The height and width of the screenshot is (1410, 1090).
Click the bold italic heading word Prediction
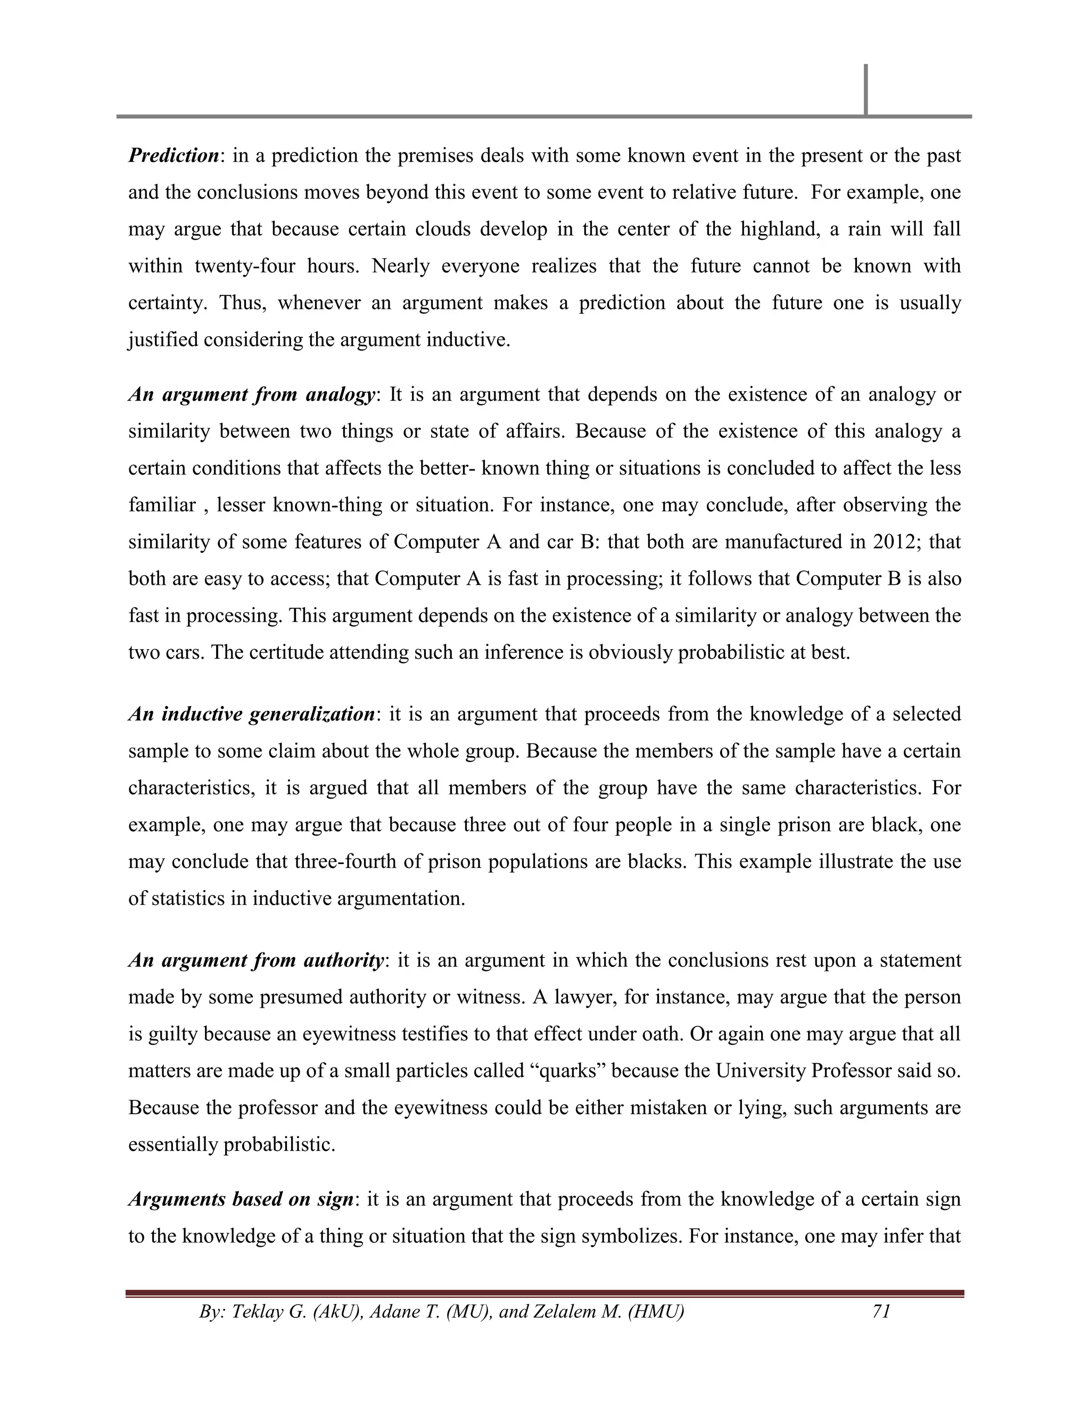[x=174, y=155]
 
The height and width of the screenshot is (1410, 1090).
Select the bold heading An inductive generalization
[x=251, y=714]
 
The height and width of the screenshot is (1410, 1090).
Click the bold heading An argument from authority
[x=255, y=960]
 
